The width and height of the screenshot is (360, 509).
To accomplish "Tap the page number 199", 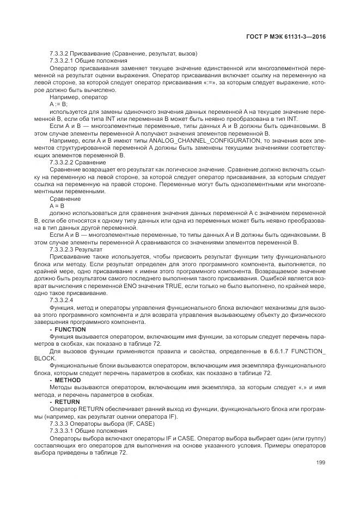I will (320, 463).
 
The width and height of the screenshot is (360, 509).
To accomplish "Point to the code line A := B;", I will (58, 104).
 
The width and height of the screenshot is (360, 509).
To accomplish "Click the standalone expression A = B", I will (57, 206).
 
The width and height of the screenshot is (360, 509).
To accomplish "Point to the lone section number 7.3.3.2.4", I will (62, 300).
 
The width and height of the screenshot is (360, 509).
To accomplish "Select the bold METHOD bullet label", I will (68, 380).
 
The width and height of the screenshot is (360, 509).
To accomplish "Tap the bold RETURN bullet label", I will (67, 402).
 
